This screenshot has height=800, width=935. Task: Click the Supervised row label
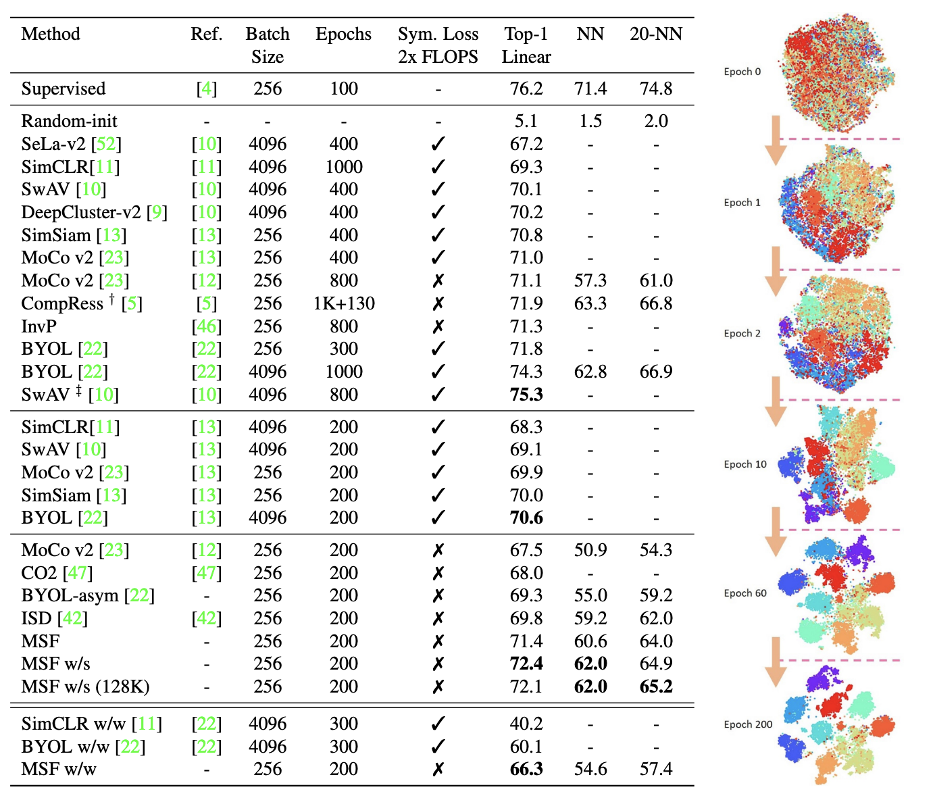click(64, 89)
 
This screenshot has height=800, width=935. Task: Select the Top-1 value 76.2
click(526, 89)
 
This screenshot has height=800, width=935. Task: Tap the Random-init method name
click(69, 121)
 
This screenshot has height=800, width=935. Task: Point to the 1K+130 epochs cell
click(343, 303)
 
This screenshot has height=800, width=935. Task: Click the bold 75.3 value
click(526, 395)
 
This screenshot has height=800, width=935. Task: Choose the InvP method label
click(39, 326)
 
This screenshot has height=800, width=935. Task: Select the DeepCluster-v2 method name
click(83, 212)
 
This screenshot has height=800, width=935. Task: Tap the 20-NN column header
click(655, 34)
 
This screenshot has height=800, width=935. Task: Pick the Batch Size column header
click(268, 45)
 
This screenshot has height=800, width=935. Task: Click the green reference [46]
click(206, 326)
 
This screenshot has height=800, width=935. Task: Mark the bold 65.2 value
click(655, 686)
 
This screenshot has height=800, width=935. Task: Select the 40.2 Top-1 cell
click(526, 724)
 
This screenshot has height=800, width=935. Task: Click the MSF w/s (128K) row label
click(85, 686)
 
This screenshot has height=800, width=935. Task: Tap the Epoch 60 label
click(744, 593)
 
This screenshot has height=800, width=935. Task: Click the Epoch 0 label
click(742, 72)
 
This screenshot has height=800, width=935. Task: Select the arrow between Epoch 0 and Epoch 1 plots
click(776, 140)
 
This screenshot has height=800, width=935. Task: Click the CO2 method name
click(39, 573)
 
